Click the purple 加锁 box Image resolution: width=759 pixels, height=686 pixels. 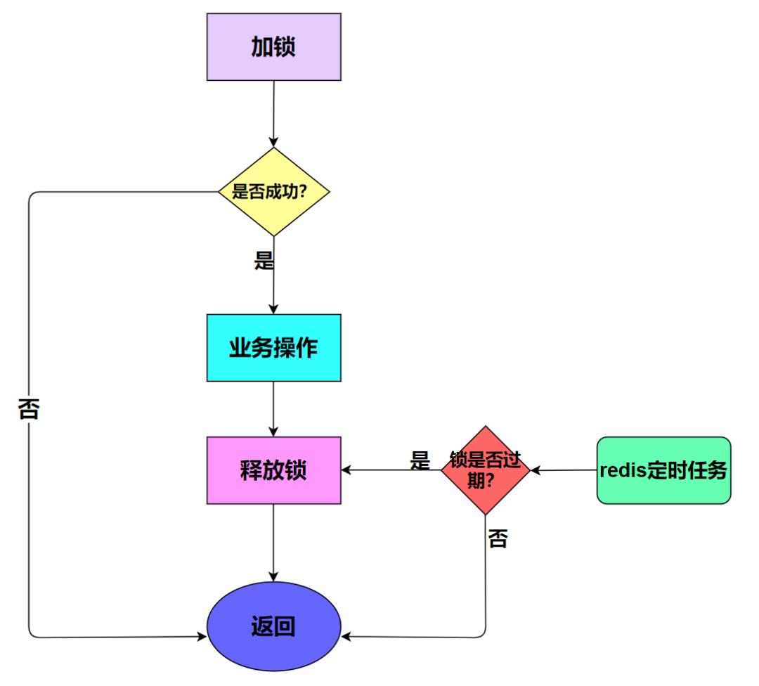(274, 46)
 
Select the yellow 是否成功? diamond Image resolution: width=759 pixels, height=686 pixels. (274, 191)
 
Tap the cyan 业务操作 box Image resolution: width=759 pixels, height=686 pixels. (274, 348)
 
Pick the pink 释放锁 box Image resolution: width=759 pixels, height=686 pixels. (274, 470)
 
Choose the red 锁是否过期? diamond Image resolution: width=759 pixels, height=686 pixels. (485, 470)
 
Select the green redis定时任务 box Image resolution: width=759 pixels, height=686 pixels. (663, 470)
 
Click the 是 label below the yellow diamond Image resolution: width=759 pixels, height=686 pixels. (264, 261)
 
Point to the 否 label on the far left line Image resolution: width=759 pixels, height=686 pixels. (28, 410)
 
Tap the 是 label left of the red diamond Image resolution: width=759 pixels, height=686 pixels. (420, 460)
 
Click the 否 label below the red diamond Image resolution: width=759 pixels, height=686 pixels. (498, 540)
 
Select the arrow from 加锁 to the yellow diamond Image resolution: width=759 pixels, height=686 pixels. (274, 112)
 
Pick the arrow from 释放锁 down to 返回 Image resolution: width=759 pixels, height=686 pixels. (274, 541)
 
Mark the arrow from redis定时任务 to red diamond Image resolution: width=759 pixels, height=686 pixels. (562, 470)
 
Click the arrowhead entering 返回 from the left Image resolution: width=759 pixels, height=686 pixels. (201, 637)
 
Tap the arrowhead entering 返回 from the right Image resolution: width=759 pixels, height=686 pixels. (346, 637)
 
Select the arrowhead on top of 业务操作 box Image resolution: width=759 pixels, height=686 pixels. (274, 309)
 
